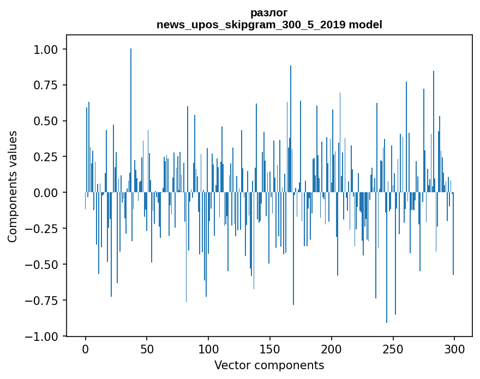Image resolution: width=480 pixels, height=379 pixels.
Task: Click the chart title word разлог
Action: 269,13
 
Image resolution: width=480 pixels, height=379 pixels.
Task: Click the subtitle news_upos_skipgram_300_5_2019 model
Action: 269,25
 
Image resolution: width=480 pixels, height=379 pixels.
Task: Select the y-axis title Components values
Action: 13,186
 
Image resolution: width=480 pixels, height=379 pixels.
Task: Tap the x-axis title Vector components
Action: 269,365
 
